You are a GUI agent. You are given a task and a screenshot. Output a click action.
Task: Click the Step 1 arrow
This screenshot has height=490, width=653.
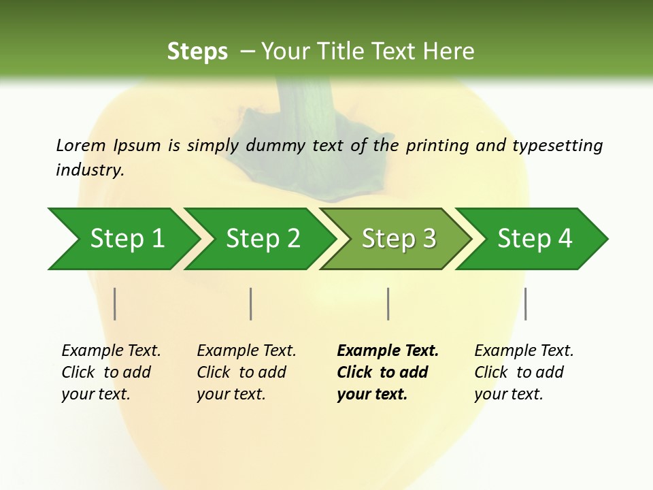126,239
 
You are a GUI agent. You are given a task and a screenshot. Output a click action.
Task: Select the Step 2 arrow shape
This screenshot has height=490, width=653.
263,239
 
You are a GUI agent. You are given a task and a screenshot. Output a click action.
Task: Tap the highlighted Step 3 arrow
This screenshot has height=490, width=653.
399,239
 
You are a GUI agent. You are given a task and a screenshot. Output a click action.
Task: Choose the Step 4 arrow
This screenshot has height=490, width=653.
535,239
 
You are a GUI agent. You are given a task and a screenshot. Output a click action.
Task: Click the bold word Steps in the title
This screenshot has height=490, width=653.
197,51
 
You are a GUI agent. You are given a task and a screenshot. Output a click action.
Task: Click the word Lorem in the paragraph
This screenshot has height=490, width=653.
80,145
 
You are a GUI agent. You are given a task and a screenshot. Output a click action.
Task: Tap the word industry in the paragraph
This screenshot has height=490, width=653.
88,169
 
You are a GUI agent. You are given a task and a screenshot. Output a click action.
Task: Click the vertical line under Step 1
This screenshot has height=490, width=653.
115,304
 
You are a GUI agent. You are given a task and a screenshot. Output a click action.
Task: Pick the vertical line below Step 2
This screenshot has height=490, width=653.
251,304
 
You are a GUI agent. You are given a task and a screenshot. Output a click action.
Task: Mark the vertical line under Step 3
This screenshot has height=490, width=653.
388,304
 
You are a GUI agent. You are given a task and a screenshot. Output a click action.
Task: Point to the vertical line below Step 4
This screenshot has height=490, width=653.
525,304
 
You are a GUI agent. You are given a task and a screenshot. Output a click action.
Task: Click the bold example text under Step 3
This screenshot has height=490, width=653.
387,372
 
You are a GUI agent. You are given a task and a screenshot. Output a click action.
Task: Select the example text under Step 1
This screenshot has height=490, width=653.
110,372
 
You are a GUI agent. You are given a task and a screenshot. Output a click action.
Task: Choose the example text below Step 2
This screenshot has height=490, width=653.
246,372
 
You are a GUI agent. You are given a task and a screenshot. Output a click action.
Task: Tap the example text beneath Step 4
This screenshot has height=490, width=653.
523,372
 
